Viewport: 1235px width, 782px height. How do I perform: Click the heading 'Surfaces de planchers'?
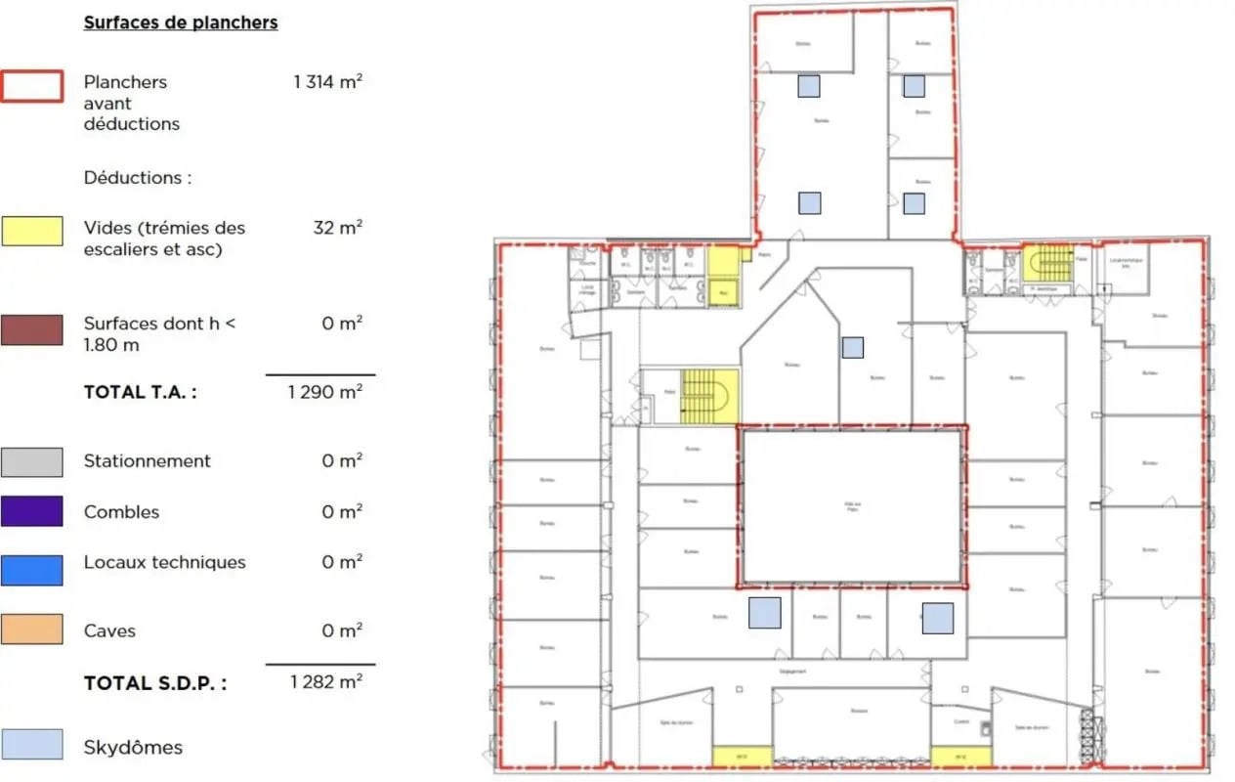[x=181, y=22]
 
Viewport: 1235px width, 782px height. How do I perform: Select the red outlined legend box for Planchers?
[x=32, y=87]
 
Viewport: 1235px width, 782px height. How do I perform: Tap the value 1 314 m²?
[x=328, y=82]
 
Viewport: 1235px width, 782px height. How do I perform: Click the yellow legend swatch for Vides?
[x=32, y=231]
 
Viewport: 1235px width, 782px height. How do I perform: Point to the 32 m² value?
[x=338, y=228]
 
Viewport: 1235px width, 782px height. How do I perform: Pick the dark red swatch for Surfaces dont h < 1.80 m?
[x=32, y=329]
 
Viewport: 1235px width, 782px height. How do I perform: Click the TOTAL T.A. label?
[x=140, y=392]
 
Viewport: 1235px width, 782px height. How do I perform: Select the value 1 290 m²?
[x=325, y=392]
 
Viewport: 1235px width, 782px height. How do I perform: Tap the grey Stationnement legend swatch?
[x=32, y=461]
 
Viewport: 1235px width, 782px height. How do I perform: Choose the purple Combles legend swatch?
[x=32, y=511]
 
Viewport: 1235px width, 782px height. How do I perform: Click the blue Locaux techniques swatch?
[x=32, y=570]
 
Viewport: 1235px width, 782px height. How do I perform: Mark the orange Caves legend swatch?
[x=32, y=629]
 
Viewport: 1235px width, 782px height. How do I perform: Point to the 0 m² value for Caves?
[x=342, y=630]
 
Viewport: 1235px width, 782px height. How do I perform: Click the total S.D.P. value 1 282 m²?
[x=326, y=681]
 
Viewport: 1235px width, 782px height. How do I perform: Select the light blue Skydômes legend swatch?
[x=32, y=745]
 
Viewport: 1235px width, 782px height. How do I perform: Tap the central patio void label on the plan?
[x=852, y=506]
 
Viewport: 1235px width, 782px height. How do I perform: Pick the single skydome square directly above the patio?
[x=852, y=347]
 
